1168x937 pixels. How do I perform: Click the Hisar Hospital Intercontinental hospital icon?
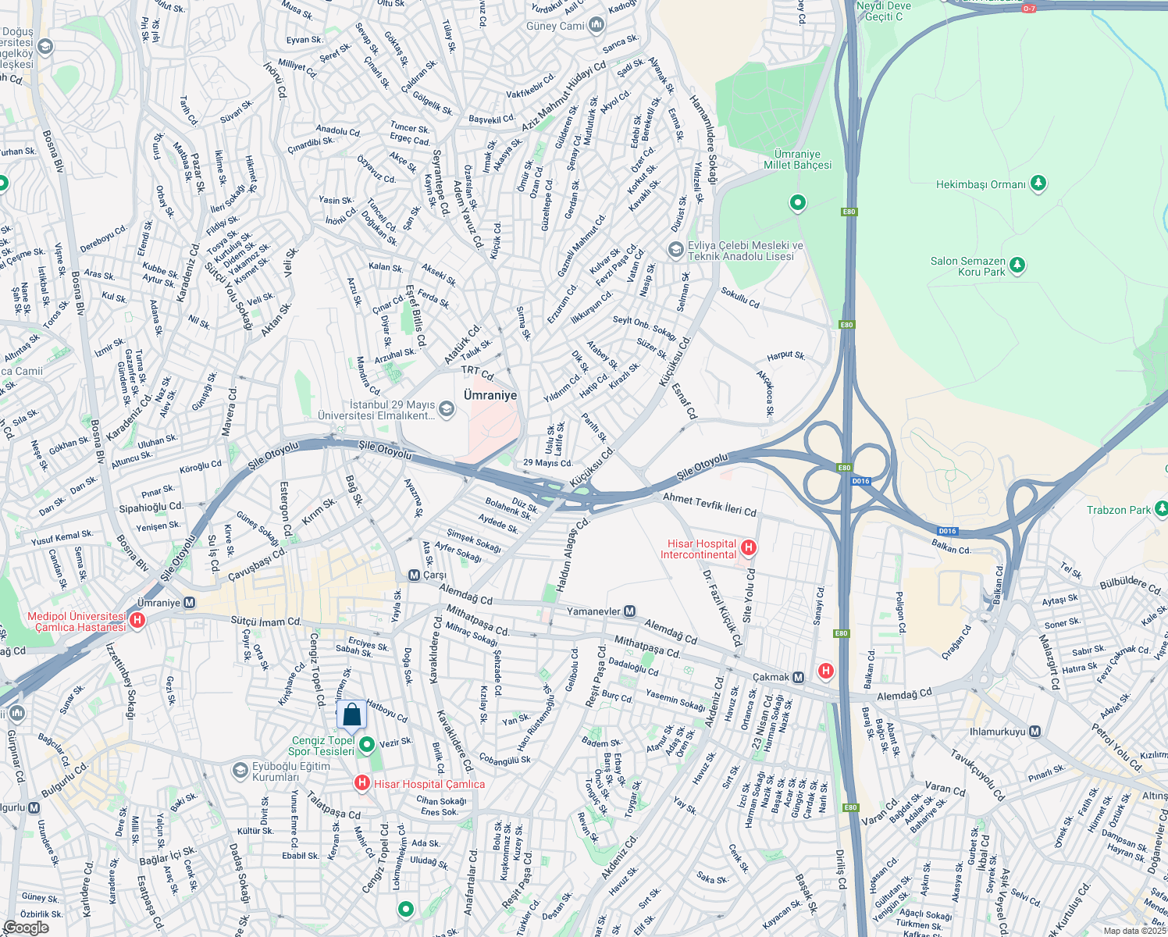tap(748, 548)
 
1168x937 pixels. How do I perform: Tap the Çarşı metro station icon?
tap(415, 575)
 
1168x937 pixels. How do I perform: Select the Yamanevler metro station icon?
tap(629, 611)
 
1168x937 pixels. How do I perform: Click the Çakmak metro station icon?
tap(798, 678)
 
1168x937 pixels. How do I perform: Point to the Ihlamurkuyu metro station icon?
tap(1034, 732)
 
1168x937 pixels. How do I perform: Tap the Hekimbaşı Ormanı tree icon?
tap(1038, 184)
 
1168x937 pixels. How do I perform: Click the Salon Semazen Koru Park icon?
tap(1017, 266)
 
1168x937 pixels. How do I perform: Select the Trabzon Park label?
tap(1118, 510)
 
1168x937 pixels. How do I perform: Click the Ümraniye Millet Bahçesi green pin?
tap(797, 203)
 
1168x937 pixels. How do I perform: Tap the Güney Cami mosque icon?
tap(596, 26)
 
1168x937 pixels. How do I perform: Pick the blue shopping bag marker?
tap(351, 714)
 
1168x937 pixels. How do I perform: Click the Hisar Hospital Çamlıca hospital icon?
tap(362, 783)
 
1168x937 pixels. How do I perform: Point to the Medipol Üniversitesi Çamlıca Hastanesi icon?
tap(137, 622)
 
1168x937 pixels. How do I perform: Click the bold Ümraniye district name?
tap(490, 395)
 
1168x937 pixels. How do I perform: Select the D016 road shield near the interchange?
tap(860, 481)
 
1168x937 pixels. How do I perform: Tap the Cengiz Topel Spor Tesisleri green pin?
tap(366, 744)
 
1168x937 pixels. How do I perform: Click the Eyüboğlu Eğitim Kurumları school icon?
tap(240, 771)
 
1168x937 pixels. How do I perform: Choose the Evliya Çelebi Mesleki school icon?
tap(675, 250)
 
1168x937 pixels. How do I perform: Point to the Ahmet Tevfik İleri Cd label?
tap(709, 504)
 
